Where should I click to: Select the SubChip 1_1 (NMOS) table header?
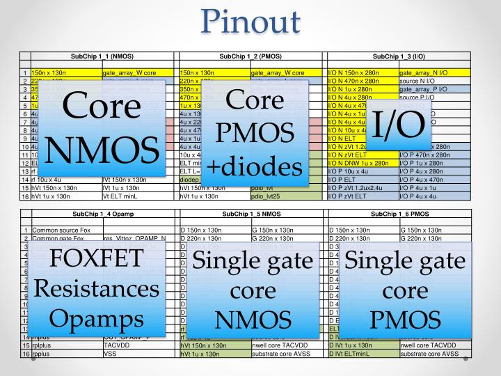click(x=102, y=55)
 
